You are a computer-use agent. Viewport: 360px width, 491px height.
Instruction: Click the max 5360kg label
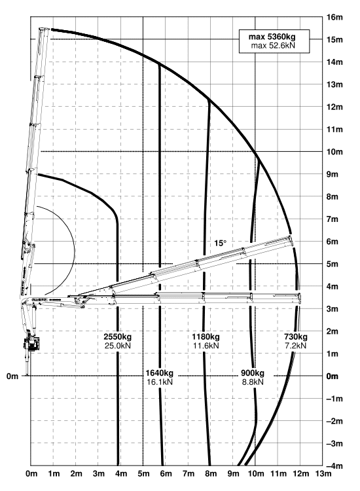(x=272, y=37)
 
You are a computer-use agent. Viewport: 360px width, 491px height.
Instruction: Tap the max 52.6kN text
(x=273, y=45)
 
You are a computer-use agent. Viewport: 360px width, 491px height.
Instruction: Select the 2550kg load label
(x=118, y=337)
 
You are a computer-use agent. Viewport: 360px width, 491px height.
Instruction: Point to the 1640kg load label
(x=159, y=373)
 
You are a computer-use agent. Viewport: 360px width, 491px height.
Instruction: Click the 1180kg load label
(x=206, y=337)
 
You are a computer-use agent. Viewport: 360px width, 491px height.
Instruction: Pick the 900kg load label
(x=253, y=373)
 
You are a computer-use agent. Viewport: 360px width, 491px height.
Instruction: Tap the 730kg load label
(x=296, y=337)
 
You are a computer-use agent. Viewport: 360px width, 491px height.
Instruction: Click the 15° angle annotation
(x=220, y=244)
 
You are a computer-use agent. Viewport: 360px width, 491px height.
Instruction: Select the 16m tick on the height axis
(x=334, y=17)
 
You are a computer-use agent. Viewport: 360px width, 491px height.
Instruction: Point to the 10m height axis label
(x=334, y=152)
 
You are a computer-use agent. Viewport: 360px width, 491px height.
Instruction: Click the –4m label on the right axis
(x=334, y=466)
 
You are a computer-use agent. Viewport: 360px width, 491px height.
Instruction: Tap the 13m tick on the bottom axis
(x=323, y=473)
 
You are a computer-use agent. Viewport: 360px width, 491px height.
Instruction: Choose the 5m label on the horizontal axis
(x=144, y=473)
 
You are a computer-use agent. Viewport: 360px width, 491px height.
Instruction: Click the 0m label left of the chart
(x=12, y=376)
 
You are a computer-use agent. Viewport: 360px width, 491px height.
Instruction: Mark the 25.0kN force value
(x=118, y=346)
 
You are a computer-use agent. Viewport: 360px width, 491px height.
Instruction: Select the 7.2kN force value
(x=296, y=346)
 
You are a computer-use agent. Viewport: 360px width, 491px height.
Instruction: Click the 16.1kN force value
(x=159, y=382)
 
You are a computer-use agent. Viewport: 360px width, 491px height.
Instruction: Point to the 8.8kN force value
(x=253, y=382)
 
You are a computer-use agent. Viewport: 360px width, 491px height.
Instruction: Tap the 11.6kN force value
(x=206, y=346)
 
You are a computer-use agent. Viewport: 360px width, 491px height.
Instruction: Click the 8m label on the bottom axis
(x=211, y=473)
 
